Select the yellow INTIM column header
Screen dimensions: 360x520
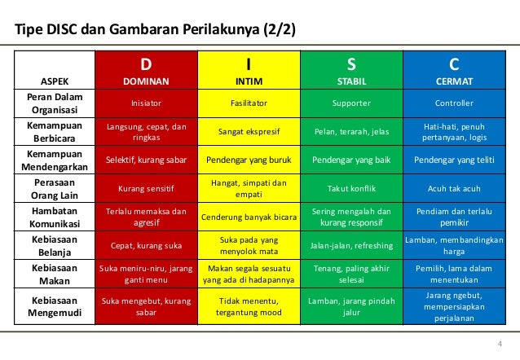(x=249, y=72)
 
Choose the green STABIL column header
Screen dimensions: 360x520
(x=351, y=72)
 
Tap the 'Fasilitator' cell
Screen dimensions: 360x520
(x=249, y=103)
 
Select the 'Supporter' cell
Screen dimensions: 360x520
(x=351, y=103)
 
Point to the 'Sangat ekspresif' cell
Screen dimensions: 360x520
(x=249, y=131)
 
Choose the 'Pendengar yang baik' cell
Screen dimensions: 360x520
(x=351, y=160)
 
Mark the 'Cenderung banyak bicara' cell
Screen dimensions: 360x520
(x=249, y=217)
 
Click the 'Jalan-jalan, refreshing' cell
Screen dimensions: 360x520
(x=351, y=244)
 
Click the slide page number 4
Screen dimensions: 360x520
(x=500, y=341)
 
